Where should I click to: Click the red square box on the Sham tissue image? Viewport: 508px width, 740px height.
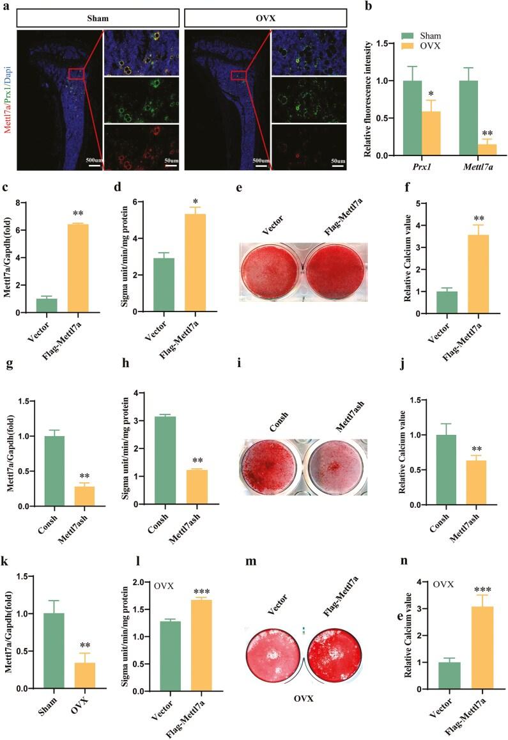[75, 74]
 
